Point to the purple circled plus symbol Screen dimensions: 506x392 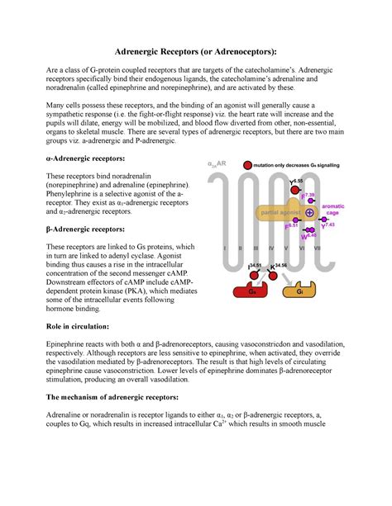tap(309, 212)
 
